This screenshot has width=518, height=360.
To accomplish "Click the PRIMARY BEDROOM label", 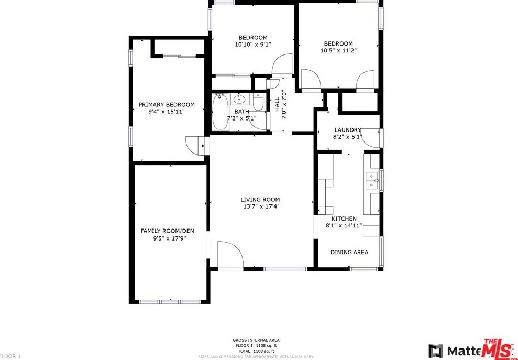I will (167, 104).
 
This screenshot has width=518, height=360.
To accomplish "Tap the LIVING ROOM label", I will (260, 199).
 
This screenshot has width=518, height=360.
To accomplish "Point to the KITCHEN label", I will (344, 219).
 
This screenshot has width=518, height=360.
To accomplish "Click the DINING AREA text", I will (349, 252).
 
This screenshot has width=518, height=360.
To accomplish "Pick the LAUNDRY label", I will (348, 130).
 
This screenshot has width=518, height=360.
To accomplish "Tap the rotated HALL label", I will (277, 104).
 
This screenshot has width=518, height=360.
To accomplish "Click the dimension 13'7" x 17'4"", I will (260, 206).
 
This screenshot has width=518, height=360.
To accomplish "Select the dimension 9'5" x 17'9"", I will (170, 238).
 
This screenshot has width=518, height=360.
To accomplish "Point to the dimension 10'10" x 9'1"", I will (253, 45).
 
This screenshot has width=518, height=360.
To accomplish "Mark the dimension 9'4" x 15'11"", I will (167, 112).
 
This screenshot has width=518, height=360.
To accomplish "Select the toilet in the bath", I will (257, 102).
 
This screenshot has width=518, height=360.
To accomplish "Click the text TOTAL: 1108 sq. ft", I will (255, 351).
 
